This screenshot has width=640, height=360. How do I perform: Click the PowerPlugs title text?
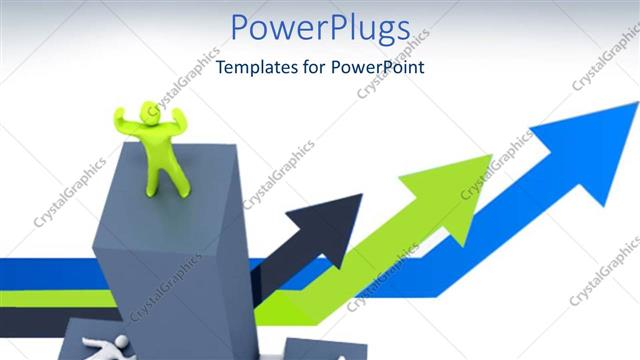point(320,29)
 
